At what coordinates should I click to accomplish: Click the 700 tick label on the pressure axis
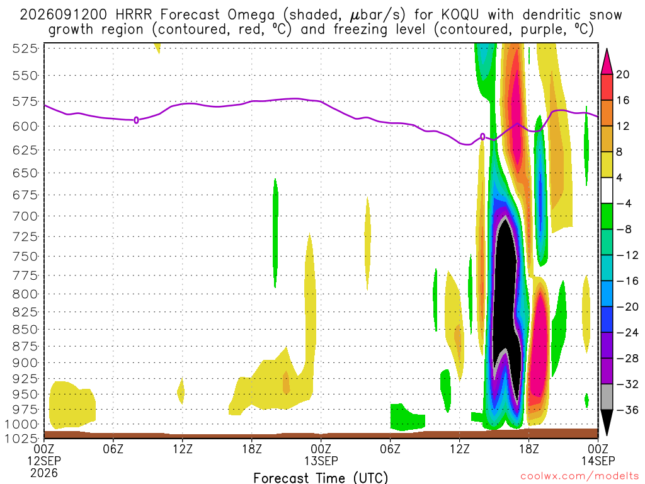click(x=25, y=216)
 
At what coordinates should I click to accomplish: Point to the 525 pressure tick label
click(x=25, y=49)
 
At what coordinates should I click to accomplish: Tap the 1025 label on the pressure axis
click(x=22, y=439)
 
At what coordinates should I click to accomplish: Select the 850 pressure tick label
click(x=25, y=330)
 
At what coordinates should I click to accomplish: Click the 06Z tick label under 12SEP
click(x=113, y=448)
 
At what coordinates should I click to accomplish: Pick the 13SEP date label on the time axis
click(x=321, y=461)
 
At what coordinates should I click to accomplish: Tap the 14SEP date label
click(x=598, y=461)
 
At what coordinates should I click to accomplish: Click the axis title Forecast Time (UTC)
click(x=321, y=478)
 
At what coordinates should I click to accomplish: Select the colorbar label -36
click(x=627, y=410)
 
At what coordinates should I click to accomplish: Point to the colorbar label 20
click(x=623, y=74)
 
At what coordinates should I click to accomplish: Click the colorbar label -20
click(x=627, y=307)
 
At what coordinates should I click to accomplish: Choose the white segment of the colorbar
click(x=607, y=190)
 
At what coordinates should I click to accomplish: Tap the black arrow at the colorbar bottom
click(x=607, y=422)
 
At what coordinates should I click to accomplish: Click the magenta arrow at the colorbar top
click(x=607, y=62)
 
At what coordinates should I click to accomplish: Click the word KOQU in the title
click(x=460, y=15)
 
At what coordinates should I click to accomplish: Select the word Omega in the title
click(x=251, y=16)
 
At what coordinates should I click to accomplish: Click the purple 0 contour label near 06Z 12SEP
click(x=136, y=120)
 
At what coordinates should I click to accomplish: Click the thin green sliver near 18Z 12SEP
click(x=276, y=233)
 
